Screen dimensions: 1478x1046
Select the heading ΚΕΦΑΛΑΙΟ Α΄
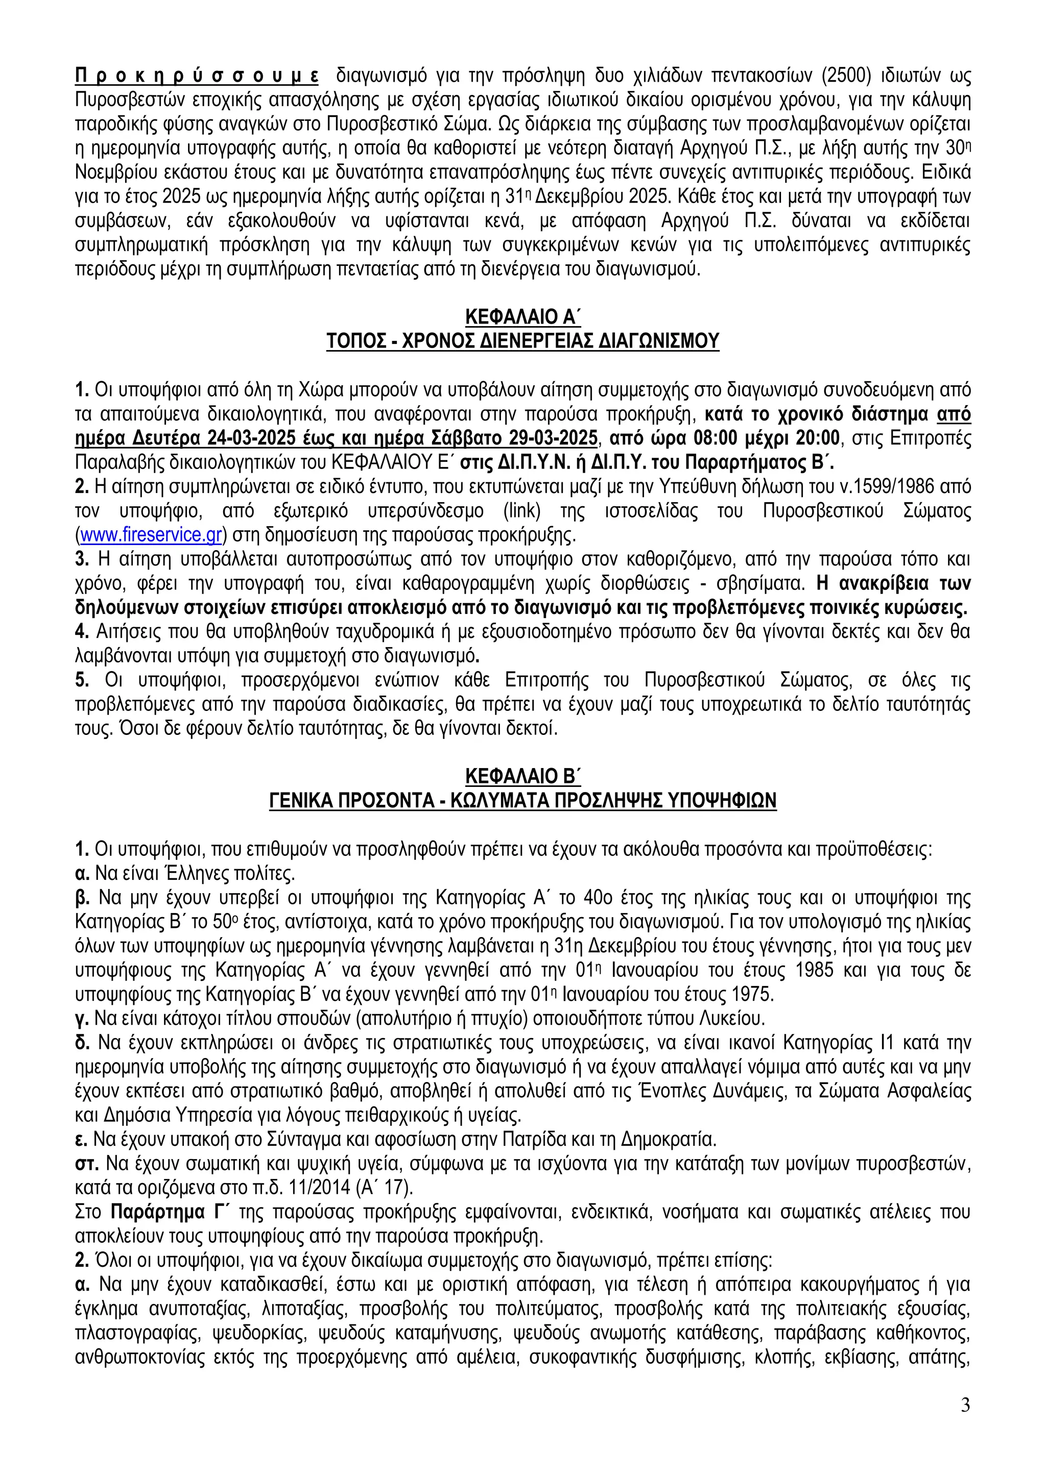523,317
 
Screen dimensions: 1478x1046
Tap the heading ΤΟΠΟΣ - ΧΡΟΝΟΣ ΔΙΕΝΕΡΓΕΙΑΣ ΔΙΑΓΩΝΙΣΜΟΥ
523,340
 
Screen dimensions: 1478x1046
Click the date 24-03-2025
256,438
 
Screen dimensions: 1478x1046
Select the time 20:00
818,438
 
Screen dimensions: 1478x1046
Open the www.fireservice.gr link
151,535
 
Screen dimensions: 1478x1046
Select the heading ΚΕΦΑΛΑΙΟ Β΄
523,777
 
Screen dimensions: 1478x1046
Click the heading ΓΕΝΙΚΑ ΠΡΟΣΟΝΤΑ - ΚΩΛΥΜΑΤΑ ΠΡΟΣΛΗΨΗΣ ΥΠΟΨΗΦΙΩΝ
523,801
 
